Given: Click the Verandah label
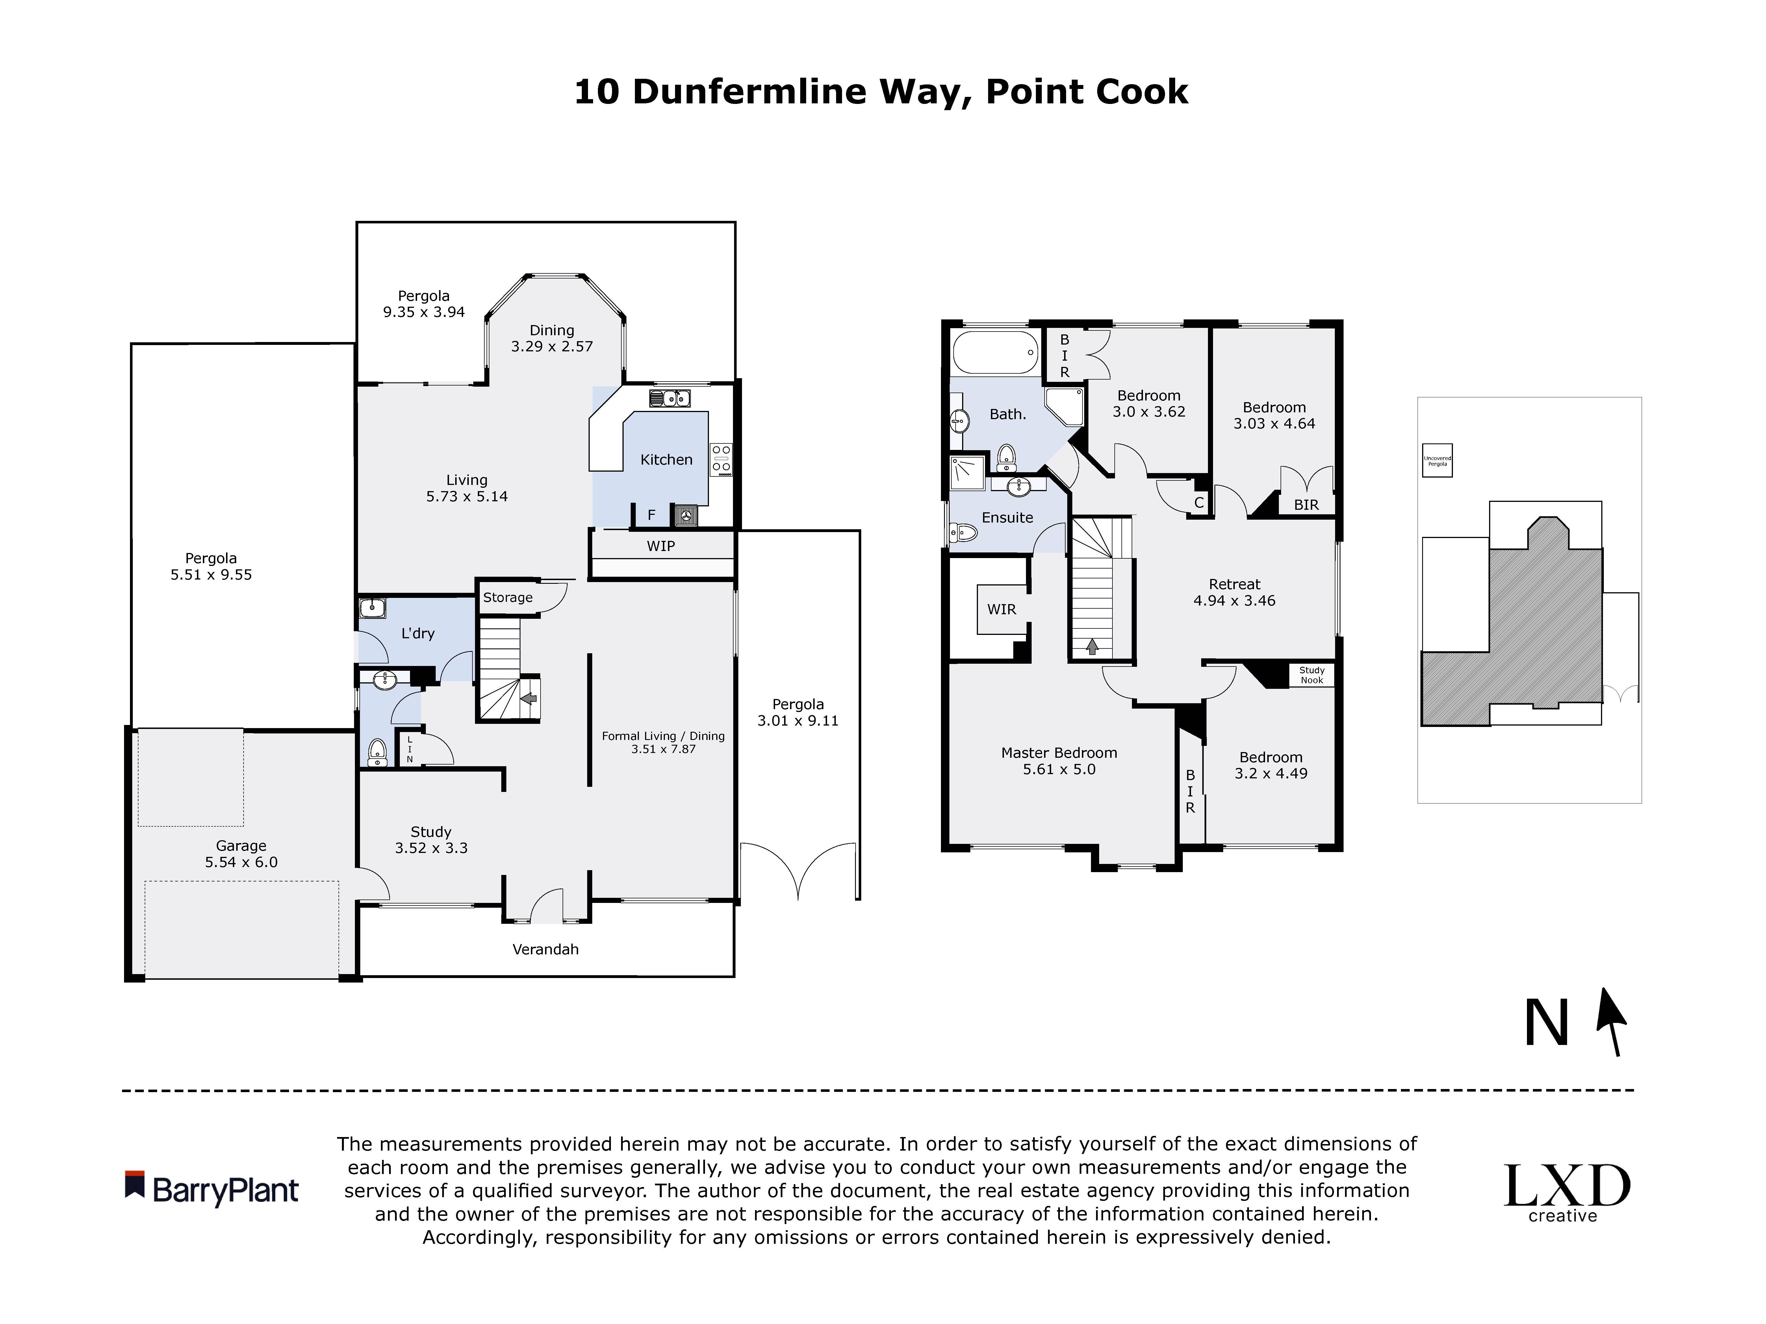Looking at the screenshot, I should [x=545, y=949].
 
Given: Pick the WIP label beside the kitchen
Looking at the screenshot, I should [x=660, y=546].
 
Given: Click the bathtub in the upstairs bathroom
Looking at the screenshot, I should [x=995, y=352].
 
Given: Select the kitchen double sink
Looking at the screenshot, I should [x=670, y=397].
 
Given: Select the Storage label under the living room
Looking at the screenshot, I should [x=508, y=597].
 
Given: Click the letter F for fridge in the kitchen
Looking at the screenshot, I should [x=652, y=515].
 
